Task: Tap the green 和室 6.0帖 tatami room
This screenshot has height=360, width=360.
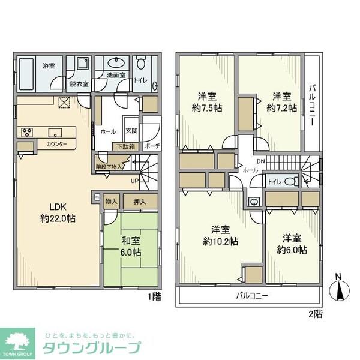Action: coord(130,248)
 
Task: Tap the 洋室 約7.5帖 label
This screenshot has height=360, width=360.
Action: coord(206,102)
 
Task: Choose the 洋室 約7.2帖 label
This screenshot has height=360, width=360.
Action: coord(281,102)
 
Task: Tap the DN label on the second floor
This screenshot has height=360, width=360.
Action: coord(260,161)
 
